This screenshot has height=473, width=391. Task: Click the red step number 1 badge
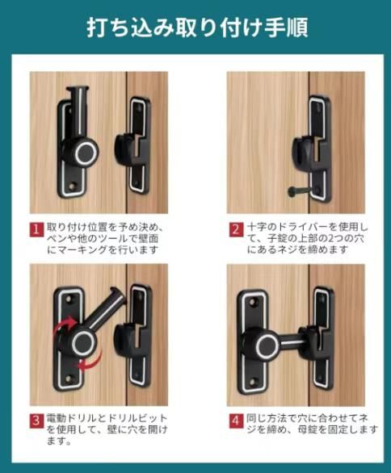tap(36, 230)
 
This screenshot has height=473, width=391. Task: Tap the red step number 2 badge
tap(236, 230)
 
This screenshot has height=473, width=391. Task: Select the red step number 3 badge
tap(36, 421)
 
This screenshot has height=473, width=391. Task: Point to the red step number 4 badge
tap(236, 421)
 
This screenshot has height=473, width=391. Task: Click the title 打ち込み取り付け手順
tap(197, 27)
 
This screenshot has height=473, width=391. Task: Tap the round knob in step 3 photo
tap(82, 343)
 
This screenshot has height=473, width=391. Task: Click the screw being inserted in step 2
tap(299, 191)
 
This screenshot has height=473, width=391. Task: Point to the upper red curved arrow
tap(64, 324)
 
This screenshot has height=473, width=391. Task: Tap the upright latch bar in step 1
tap(79, 111)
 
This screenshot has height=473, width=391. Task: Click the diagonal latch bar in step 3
tap(106, 311)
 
